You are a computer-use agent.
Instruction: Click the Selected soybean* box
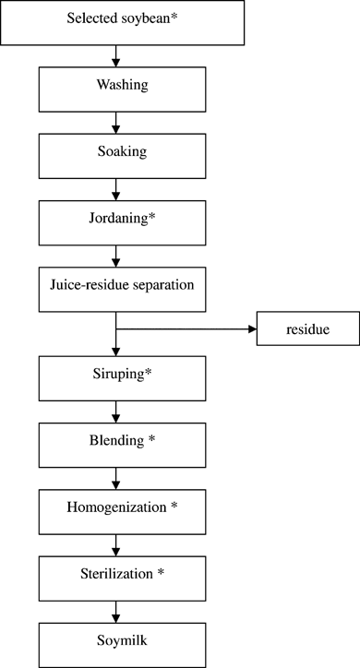coord(122,22)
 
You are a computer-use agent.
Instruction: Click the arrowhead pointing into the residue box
coord(250,328)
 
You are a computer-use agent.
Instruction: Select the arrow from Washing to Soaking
coord(115,122)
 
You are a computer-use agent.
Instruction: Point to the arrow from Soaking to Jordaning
coord(115,188)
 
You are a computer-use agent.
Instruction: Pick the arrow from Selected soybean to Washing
coord(115,55)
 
